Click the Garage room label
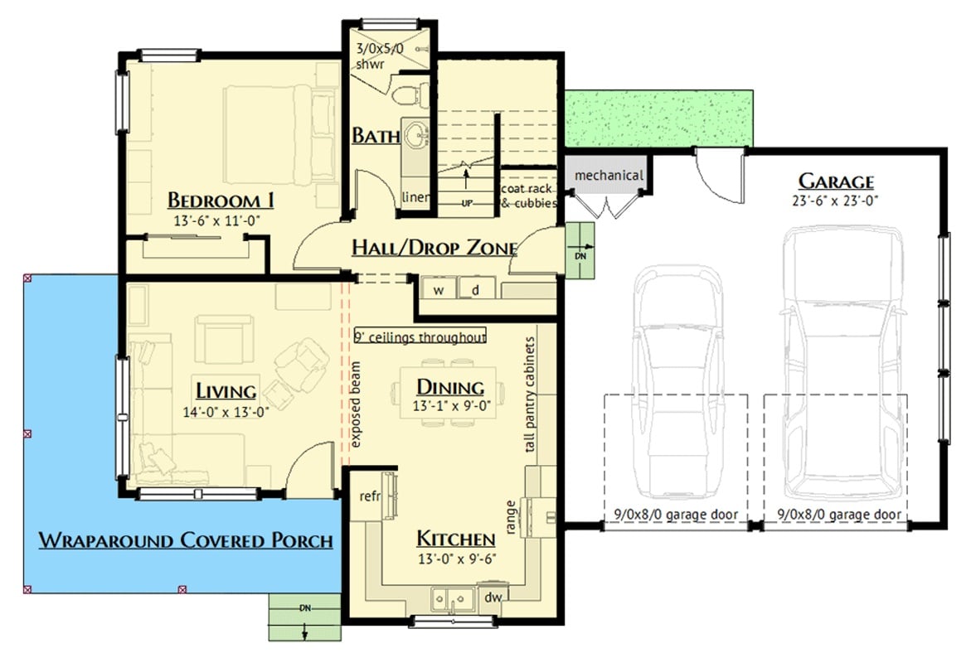(835, 181)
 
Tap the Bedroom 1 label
(221, 201)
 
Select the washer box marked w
(439, 289)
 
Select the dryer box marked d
(476, 289)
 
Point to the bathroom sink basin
(414, 133)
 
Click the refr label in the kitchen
(369, 496)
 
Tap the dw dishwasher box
(492, 597)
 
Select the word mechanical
(609, 175)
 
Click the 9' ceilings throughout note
(420, 337)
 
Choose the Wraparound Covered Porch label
(186, 541)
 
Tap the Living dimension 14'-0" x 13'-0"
(226, 410)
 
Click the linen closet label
(415, 197)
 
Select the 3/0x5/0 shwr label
(377, 56)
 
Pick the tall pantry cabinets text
(530, 394)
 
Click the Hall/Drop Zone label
(435, 247)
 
